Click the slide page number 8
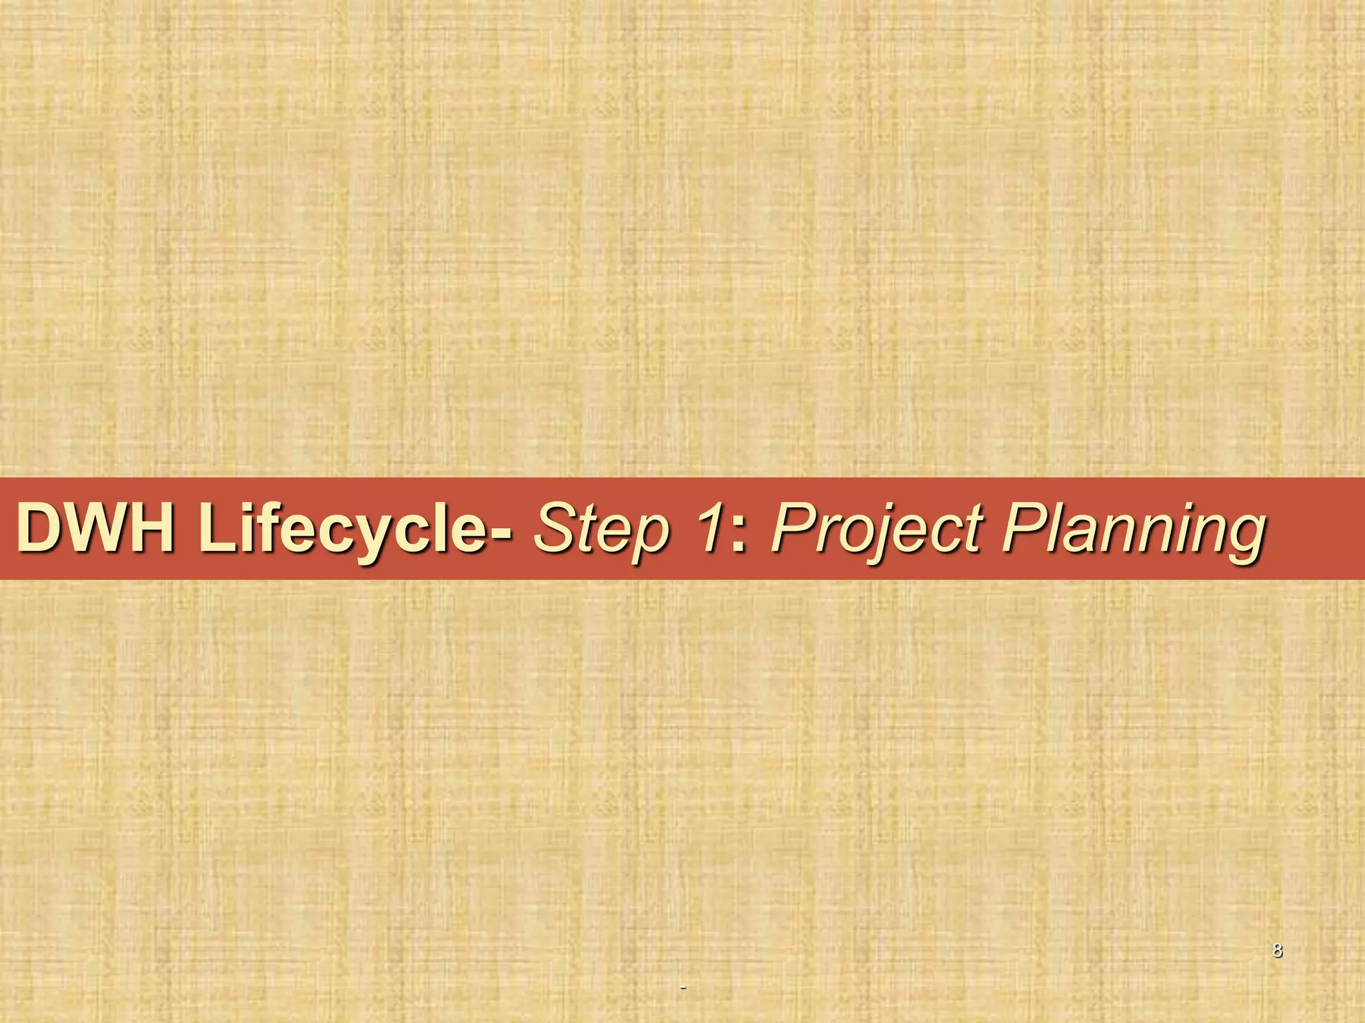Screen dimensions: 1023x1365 pos(1277,950)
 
